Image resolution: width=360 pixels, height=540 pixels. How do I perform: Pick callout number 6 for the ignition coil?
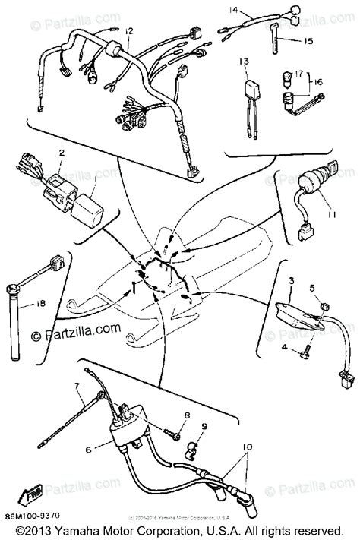[89, 450]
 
